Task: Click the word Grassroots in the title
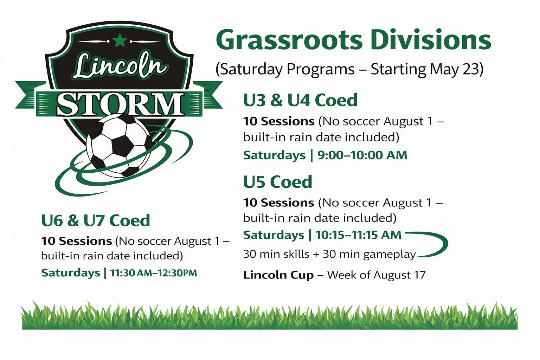[x=289, y=40]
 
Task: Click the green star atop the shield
[x=120, y=40]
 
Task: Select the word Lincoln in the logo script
[x=120, y=66]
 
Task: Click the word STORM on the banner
[x=120, y=104]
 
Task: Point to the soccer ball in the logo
[x=119, y=145]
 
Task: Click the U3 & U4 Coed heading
[x=300, y=100]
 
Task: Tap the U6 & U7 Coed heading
[x=96, y=220]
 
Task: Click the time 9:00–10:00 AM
[x=362, y=155]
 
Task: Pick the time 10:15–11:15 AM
[x=358, y=234]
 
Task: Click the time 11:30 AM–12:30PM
[x=154, y=273]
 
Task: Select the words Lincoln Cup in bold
[x=278, y=275]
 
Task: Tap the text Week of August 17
[x=376, y=275]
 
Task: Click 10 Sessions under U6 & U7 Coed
[x=76, y=241]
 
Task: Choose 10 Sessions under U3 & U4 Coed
[x=279, y=121]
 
